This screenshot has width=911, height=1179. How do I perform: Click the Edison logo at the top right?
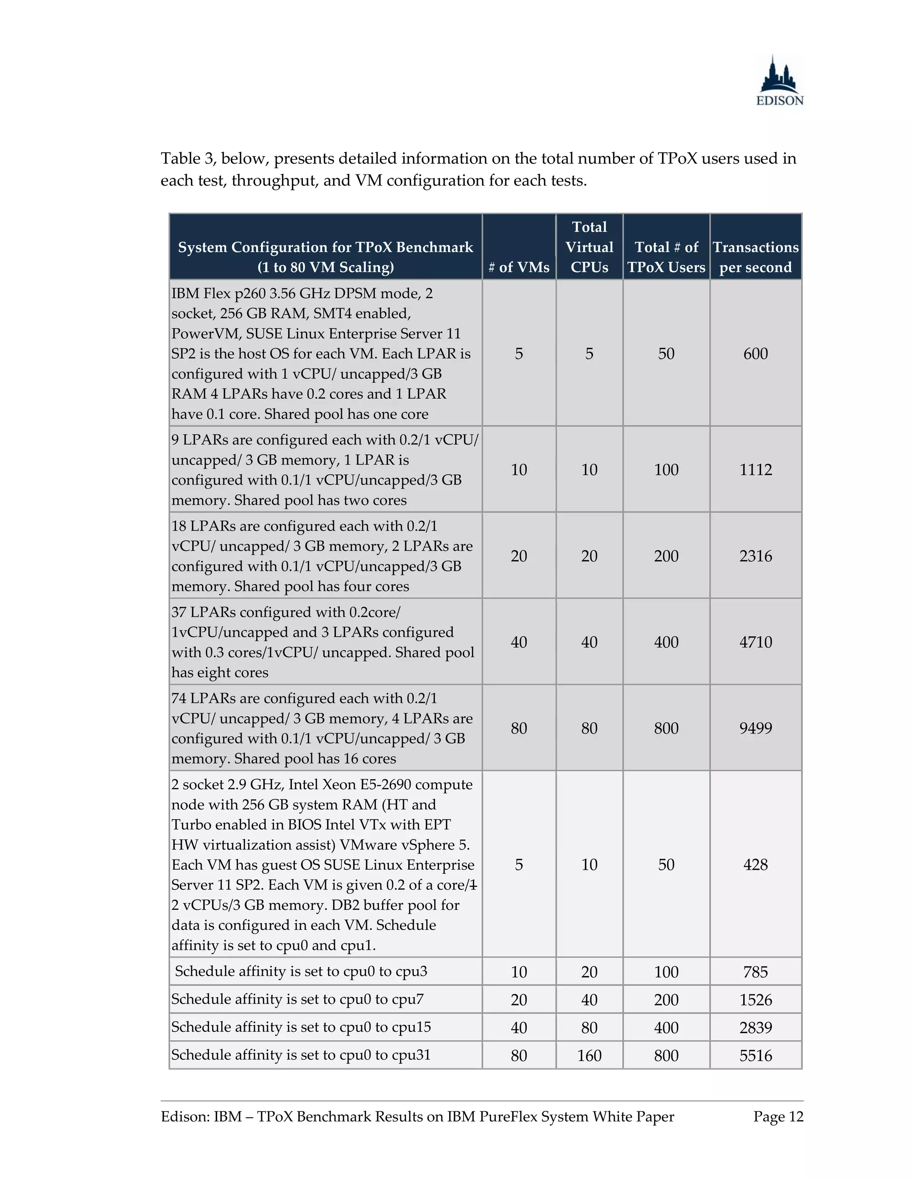click(779, 81)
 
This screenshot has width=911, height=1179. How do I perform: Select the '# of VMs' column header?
click(519, 266)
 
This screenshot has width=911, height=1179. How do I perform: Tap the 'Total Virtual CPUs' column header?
click(589, 247)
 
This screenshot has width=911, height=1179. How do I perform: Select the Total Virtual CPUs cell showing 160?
click(589, 1055)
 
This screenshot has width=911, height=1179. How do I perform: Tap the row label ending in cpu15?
click(301, 1027)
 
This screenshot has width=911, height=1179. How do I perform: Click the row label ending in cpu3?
click(301, 972)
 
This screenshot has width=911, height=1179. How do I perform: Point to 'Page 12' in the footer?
click(778, 1116)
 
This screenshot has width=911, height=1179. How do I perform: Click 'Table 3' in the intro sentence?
click(187, 159)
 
